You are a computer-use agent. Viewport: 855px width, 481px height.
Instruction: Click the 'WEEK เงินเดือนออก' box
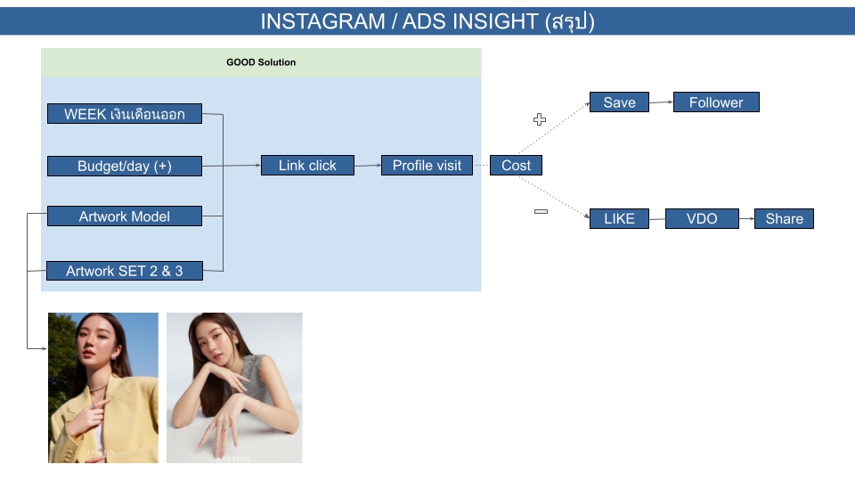point(124,114)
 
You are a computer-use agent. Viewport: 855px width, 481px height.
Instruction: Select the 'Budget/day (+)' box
point(124,166)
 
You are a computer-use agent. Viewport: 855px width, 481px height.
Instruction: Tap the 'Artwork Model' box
point(124,216)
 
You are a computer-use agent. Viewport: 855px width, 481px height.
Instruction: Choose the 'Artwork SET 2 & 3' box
point(124,271)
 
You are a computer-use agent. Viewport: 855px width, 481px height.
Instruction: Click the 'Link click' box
point(307,166)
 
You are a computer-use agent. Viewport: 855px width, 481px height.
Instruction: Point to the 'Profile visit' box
point(427,166)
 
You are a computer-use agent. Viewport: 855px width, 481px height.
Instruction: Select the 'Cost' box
point(516,166)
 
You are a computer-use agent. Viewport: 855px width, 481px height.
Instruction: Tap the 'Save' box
point(619,102)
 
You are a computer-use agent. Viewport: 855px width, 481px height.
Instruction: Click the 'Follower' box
point(715,102)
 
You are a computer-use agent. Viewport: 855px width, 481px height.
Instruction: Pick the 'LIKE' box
point(619,219)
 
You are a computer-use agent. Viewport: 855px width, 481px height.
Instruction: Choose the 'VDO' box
point(702,219)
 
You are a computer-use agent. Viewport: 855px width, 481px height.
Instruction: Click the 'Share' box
point(784,219)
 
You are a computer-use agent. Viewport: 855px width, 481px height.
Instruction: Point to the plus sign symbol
point(539,119)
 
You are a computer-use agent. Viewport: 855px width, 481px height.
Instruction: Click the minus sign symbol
point(540,211)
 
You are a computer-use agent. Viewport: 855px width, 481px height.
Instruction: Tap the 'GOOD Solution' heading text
point(261,62)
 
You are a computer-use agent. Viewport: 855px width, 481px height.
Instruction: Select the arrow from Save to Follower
point(661,102)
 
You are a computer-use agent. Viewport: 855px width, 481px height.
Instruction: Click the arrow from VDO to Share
point(746,219)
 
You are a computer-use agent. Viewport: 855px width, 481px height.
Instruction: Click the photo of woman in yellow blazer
point(103,387)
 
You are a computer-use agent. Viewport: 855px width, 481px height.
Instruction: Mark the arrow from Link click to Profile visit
point(367,166)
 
